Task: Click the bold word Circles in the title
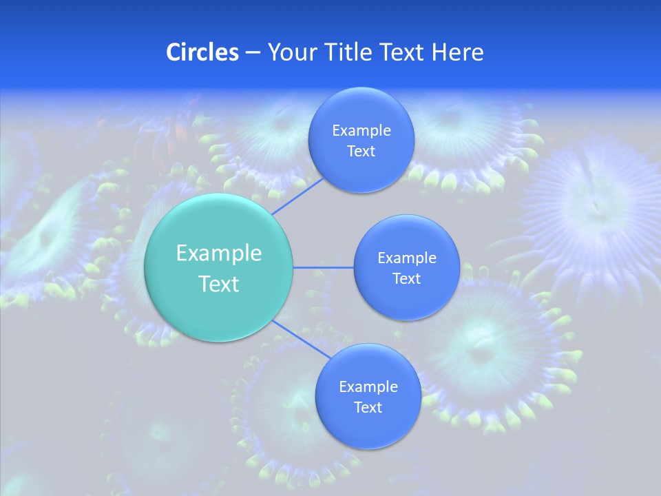pos(202,52)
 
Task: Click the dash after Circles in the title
pos(252,53)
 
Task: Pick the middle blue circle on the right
pos(406,303)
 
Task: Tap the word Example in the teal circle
pos(219,253)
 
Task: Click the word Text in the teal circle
pos(219,284)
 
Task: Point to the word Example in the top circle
pos(361,131)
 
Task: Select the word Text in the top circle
pos(361,152)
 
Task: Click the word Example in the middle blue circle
pos(406,258)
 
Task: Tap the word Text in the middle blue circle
pos(406,279)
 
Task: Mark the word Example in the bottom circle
pos(368,387)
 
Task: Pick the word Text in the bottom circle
pos(368,408)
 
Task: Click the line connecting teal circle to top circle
pos(297,196)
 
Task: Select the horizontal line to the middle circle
pos(323,267)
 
